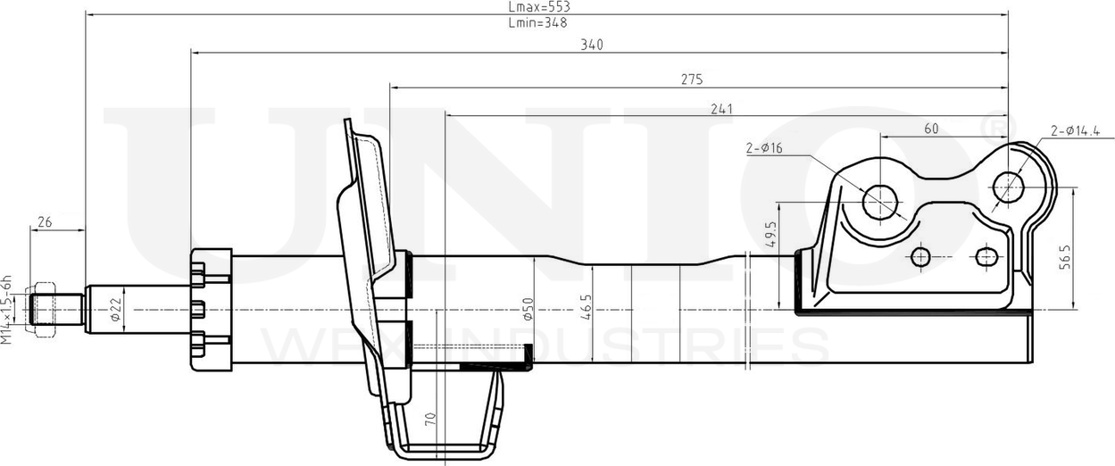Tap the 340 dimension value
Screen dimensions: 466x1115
[x=591, y=46]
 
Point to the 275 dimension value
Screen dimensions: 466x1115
[x=692, y=79]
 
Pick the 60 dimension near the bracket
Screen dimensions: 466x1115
[x=931, y=129]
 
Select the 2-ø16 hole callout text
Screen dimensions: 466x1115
[x=764, y=148]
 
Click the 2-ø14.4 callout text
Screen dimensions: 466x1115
[x=1076, y=131]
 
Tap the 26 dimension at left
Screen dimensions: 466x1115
[x=44, y=222]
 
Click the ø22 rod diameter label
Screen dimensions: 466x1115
[x=115, y=309]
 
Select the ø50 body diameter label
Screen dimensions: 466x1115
[x=528, y=308]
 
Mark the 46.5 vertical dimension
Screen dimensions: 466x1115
[x=586, y=308]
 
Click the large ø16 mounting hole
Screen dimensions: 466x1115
[x=880, y=201]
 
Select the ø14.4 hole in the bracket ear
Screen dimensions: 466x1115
[x=1009, y=187]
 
